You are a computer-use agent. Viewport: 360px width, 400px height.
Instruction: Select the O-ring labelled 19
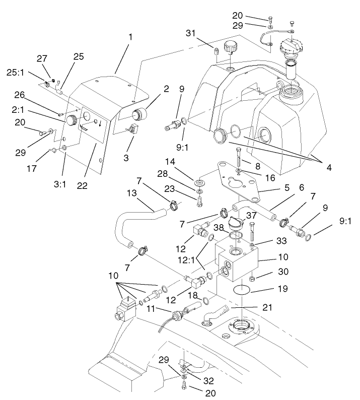point(243,290)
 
